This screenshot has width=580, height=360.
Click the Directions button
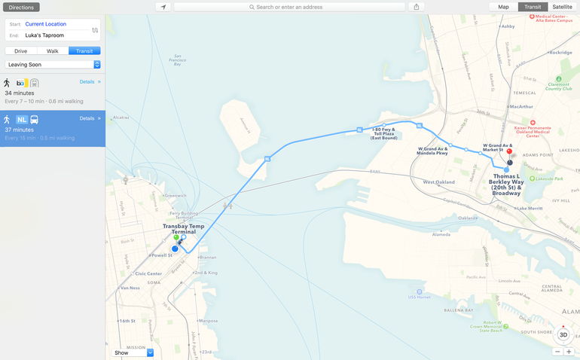click(21, 7)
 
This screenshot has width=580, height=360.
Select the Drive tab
click(20, 51)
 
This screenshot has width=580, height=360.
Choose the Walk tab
click(52, 51)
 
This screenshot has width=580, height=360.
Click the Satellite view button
click(562, 7)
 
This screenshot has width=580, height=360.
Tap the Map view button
click(503, 7)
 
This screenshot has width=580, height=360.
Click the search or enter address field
click(289, 7)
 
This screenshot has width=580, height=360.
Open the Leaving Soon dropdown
click(53, 65)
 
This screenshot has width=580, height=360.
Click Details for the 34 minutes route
click(87, 81)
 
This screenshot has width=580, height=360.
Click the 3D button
click(563, 335)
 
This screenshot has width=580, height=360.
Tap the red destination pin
click(509, 152)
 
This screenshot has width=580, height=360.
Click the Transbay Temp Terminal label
click(183, 229)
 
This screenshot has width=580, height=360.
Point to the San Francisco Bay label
click(177, 59)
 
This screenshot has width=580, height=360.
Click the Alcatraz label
click(121, 117)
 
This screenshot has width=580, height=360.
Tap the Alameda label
click(441, 234)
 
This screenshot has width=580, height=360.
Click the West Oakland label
click(438, 182)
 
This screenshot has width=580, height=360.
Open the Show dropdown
click(133, 352)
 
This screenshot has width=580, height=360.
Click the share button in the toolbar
click(417, 7)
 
